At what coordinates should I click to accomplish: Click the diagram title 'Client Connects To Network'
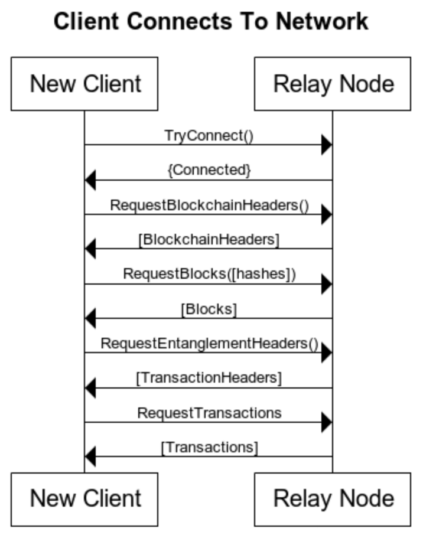tap(211, 22)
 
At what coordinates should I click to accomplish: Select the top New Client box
tap(84, 84)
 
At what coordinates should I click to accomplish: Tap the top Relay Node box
tap(333, 84)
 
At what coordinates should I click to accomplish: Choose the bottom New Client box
tap(84, 499)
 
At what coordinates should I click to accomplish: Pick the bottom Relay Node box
tap(333, 499)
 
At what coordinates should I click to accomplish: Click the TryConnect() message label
tap(209, 136)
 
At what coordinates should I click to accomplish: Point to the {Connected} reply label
tap(209, 170)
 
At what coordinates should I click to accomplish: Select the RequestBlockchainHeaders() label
tap(209, 206)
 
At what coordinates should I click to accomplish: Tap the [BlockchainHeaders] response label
tap(209, 240)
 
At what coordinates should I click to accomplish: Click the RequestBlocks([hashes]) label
tap(209, 274)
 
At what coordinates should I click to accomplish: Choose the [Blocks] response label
tap(209, 309)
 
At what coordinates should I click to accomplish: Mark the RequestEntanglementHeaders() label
tap(209, 344)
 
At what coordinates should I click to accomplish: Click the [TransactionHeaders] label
tap(209, 378)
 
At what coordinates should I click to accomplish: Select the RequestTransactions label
tap(209, 412)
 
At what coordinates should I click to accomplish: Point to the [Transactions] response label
tap(209, 448)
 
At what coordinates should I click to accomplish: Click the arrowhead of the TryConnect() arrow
tap(327, 145)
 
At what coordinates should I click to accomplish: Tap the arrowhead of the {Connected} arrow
tap(90, 180)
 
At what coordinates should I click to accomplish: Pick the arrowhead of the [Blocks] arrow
tap(90, 318)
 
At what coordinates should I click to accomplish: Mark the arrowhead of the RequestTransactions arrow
tap(327, 422)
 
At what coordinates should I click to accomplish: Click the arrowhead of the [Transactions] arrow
tap(90, 456)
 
